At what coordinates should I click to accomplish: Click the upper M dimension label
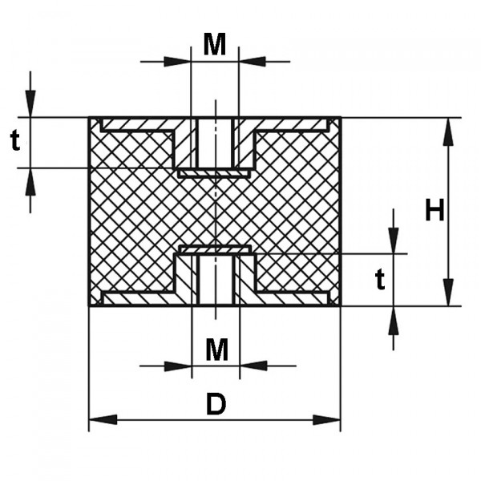[215, 45]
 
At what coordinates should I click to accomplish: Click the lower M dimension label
[216, 350]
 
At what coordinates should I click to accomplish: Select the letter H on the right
[434, 211]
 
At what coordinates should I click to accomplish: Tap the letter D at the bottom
[216, 405]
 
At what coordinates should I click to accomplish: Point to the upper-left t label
[15, 142]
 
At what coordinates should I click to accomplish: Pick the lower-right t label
[381, 279]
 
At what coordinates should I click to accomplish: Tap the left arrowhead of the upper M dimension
[177, 61]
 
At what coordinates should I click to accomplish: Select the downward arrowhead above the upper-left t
[30, 103]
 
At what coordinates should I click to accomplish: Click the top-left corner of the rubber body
[89, 118]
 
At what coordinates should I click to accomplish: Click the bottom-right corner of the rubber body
[340, 305]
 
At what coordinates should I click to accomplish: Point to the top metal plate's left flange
[136, 125]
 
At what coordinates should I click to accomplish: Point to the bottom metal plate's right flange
[293, 298]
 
